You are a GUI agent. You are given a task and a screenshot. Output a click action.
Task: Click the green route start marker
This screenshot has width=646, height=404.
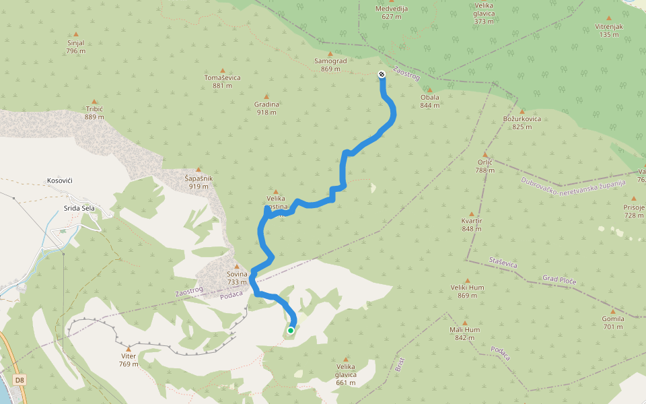click(x=291, y=331)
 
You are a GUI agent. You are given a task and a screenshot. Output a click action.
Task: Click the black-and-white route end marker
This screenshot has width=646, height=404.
click(x=382, y=74)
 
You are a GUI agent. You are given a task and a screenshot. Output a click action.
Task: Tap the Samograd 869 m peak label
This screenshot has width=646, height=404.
click(x=330, y=65)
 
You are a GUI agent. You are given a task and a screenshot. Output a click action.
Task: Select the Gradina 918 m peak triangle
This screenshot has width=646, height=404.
click(x=266, y=96)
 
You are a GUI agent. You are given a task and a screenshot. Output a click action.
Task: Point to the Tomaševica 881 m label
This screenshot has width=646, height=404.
click(x=222, y=81)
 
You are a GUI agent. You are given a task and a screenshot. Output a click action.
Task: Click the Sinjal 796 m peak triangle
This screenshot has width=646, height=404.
click(x=75, y=34)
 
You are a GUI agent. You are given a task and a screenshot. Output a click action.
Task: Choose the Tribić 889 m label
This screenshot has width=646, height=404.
click(x=94, y=112)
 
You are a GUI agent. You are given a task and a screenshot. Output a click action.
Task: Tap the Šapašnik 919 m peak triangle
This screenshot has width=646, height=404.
click(x=199, y=170)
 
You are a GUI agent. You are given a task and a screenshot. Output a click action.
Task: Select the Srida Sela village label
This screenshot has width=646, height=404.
click(x=79, y=208)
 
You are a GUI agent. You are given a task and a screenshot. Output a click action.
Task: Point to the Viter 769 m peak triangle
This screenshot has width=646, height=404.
click(x=129, y=348)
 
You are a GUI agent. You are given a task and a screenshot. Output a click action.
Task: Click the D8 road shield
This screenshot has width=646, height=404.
click(x=20, y=380)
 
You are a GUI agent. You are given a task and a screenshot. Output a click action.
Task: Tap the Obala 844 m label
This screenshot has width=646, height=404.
click(x=429, y=101)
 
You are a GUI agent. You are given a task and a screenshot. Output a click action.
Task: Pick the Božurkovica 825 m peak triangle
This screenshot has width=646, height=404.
click(x=522, y=111)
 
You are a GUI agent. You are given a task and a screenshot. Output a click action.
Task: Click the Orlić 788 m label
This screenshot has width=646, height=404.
click(x=485, y=166)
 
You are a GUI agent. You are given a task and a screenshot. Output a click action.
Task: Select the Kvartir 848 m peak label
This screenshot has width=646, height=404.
click(x=472, y=225)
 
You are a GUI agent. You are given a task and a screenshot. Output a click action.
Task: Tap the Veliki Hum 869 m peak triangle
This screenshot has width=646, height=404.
click(x=468, y=280)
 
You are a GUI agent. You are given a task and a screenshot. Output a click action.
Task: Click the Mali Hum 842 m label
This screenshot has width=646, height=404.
click(x=464, y=333)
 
